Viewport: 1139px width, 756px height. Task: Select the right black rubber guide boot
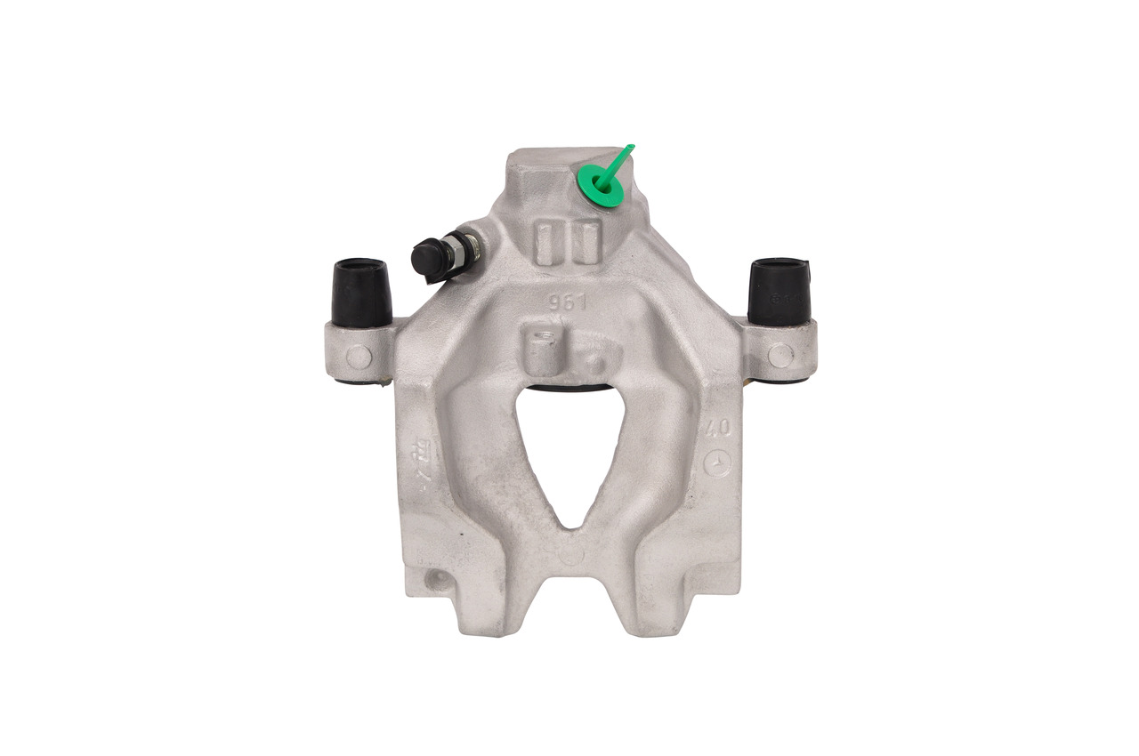coord(779,290)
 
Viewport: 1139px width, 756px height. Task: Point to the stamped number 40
coord(717,429)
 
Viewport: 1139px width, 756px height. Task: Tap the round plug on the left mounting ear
coord(359,357)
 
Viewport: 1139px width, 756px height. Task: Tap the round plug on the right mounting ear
coord(780,355)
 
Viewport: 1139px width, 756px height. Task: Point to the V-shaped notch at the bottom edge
coord(569,605)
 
